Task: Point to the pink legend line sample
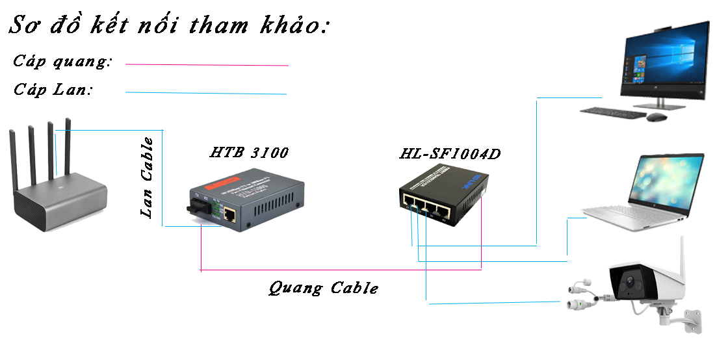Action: [x=207, y=65]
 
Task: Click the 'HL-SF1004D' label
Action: [x=450, y=155]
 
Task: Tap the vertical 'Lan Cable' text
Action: [x=148, y=177]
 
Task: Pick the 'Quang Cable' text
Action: [x=324, y=288]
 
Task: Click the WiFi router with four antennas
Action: [x=58, y=188]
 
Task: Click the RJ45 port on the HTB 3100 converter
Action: [x=230, y=214]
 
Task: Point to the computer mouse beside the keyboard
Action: [x=656, y=117]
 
